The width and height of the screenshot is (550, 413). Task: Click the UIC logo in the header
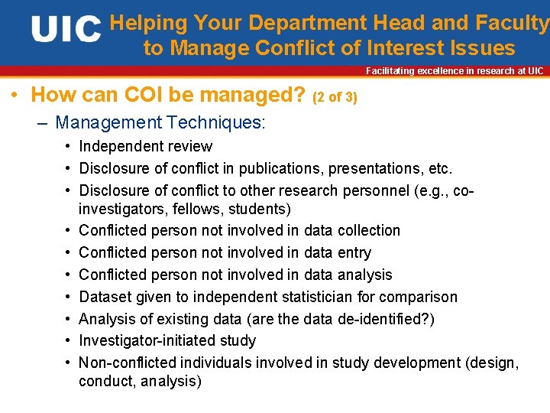click(66, 30)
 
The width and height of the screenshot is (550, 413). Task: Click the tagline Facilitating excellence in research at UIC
click(455, 71)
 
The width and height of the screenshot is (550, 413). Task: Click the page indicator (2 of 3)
click(335, 97)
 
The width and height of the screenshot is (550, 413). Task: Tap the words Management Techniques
click(160, 122)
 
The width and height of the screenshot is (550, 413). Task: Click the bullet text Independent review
click(146, 146)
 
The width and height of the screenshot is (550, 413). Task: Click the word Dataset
click(105, 297)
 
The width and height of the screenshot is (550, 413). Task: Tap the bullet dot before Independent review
click(69, 146)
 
